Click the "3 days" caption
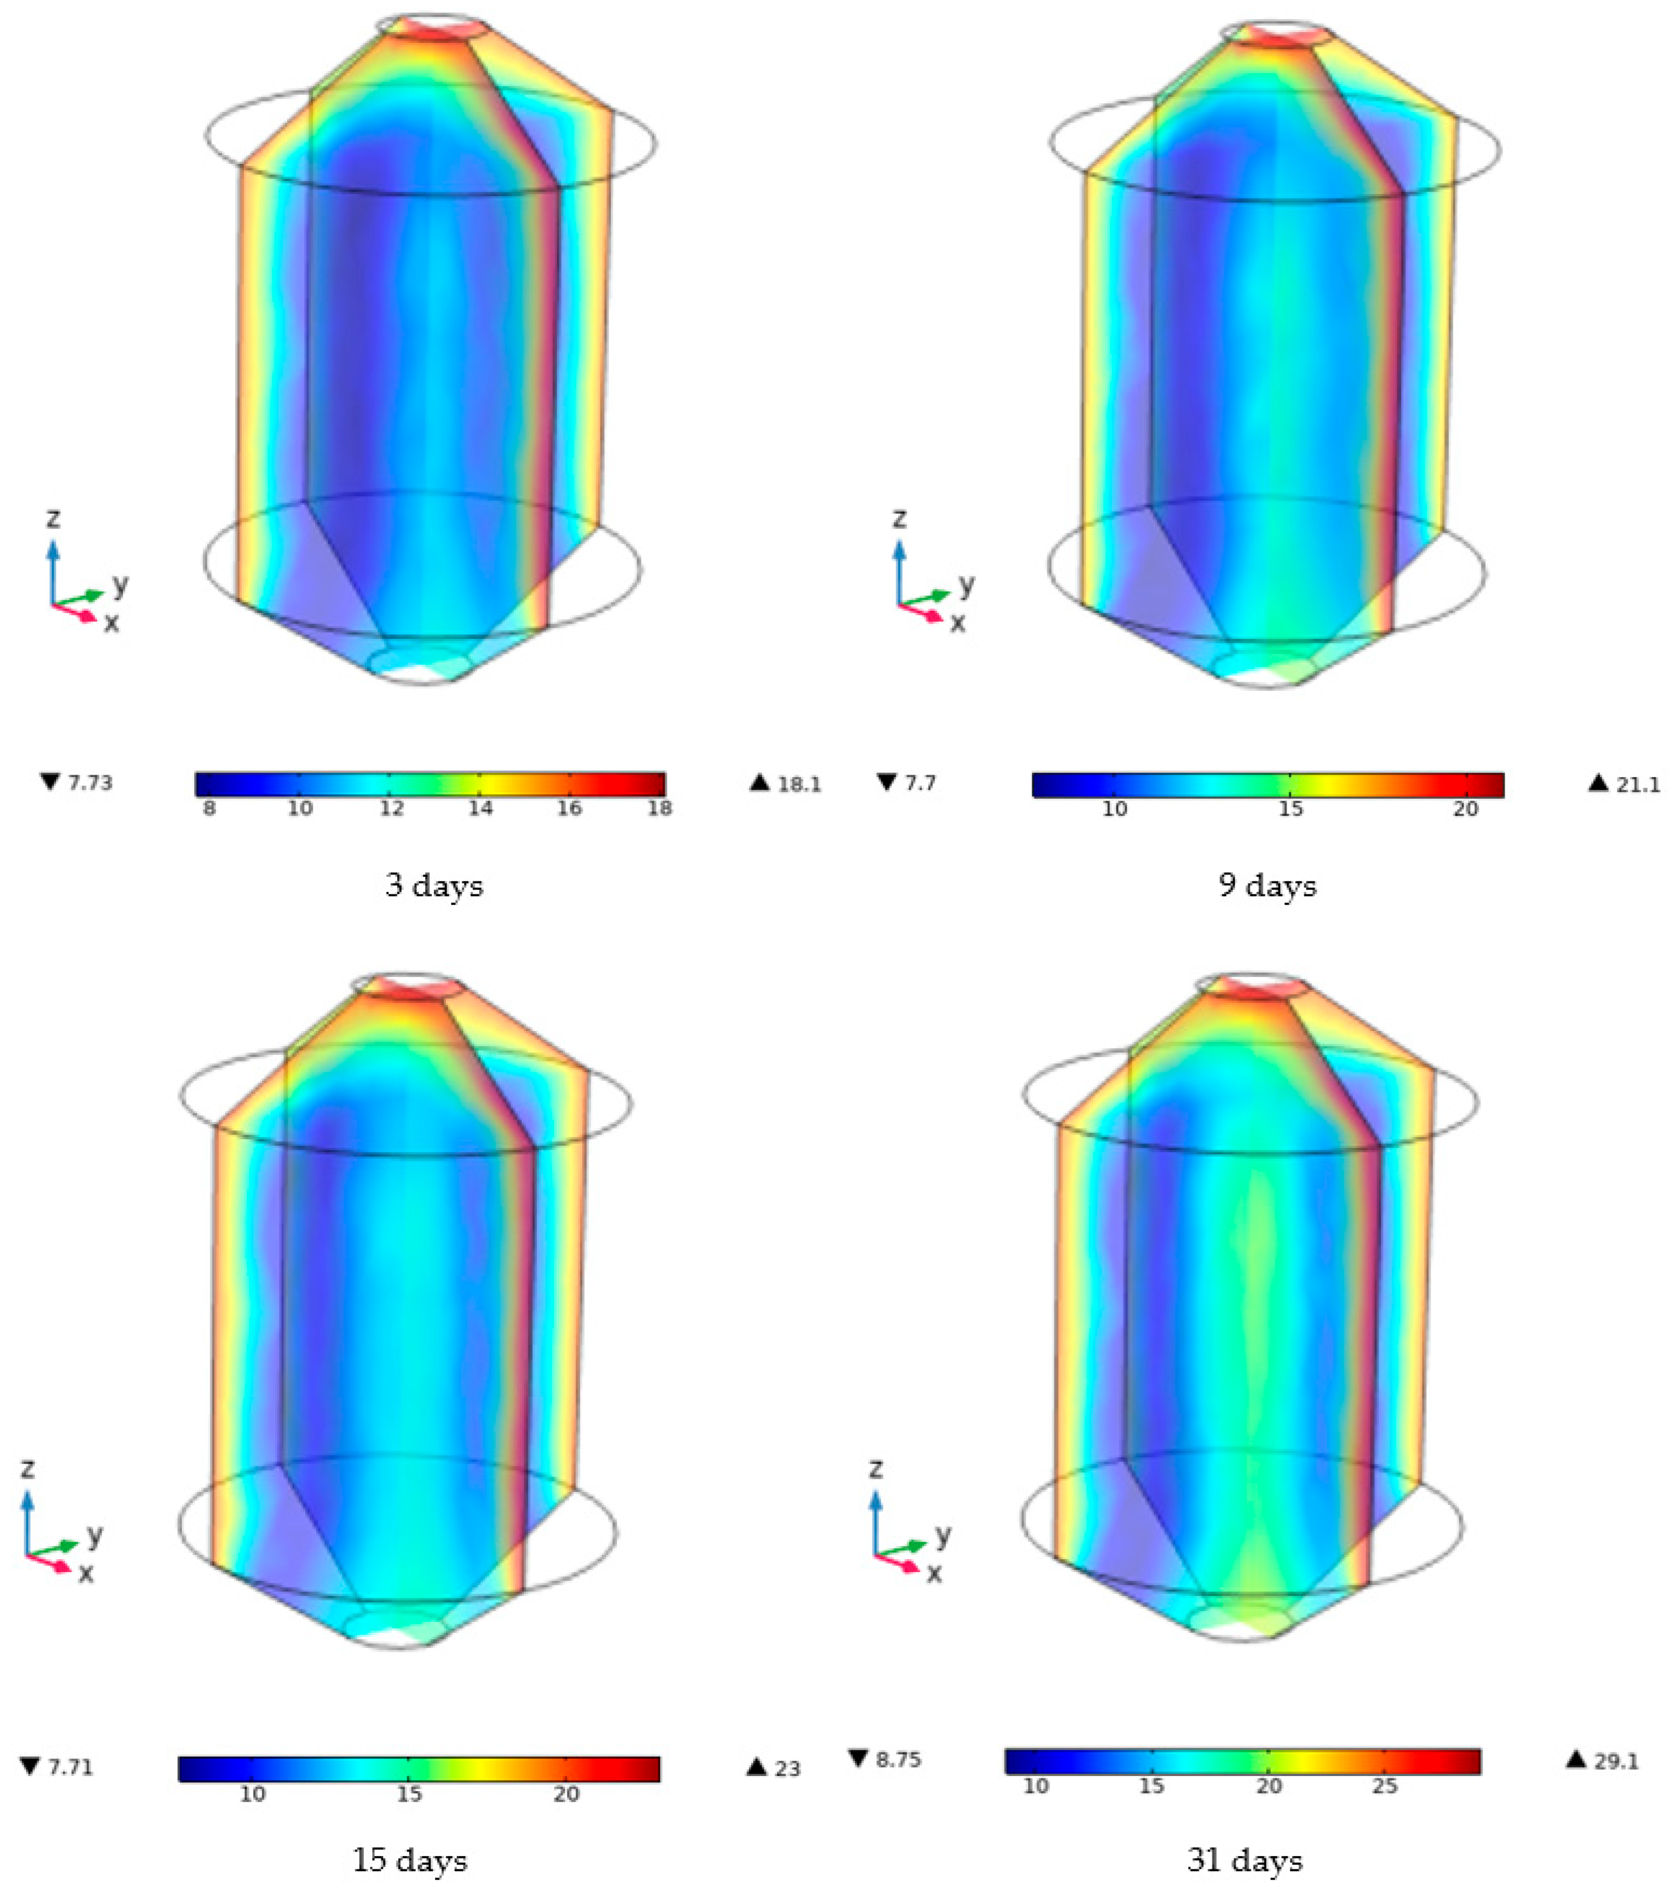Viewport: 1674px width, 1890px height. tap(434, 886)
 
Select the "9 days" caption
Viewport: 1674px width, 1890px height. tap(1267, 886)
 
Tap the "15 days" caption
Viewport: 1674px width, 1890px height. tap(410, 1859)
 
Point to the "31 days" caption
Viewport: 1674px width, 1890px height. tap(1245, 1859)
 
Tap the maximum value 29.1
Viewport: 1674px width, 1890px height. tap(1617, 1761)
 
